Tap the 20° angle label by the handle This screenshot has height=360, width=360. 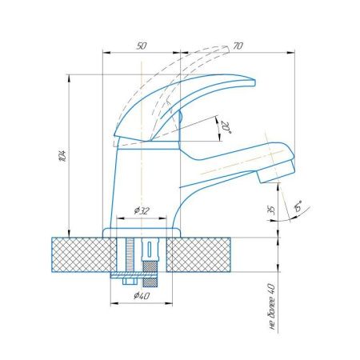point(226,126)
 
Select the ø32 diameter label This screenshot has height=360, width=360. point(142,210)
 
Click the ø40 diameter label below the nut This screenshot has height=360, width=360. point(142,297)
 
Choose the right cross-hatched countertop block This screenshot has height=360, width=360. point(209,254)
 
